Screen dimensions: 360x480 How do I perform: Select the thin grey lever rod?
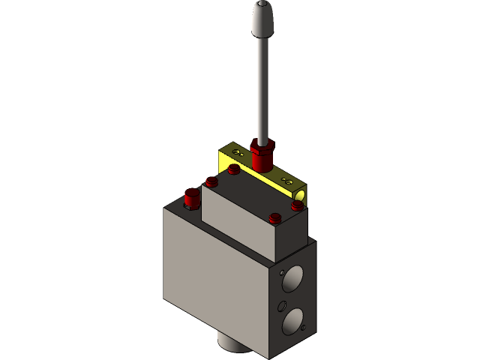click(x=262, y=90)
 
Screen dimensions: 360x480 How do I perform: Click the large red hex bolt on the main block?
click(x=193, y=199)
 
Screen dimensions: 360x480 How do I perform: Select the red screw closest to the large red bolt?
click(x=211, y=181)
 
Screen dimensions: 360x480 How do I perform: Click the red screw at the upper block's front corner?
click(x=274, y=220)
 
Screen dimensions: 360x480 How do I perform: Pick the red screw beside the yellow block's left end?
click(x=234, y=169)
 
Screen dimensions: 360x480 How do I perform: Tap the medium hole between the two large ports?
click(x=282, y=305)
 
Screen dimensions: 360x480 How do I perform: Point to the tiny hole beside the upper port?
click(x=280, y=274)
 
